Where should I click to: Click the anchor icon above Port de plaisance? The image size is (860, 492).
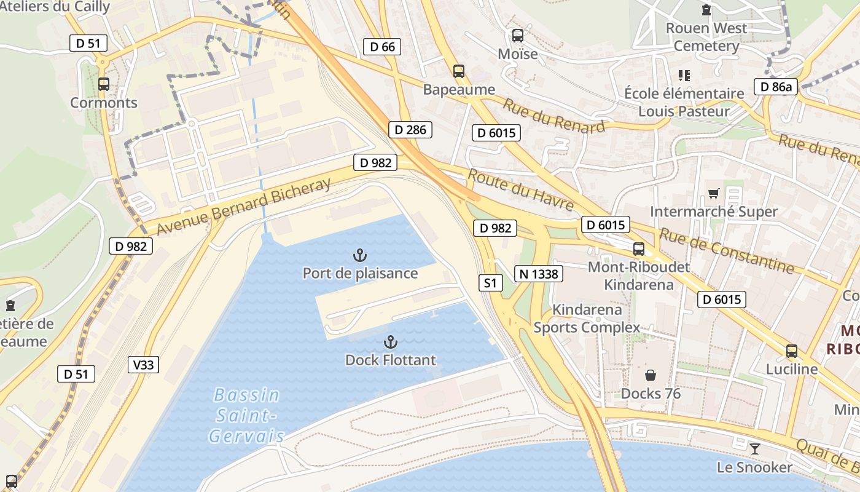coord(360,255)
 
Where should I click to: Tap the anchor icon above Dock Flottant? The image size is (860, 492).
coord(390,341)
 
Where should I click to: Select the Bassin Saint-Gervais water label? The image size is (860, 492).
coord(247,416)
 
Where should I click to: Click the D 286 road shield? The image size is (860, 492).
coord(410,130)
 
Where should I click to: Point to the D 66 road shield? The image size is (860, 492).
coord(382,47)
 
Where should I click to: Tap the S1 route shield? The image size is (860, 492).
coord(490,283)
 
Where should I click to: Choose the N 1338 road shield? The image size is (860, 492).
coord(538,274)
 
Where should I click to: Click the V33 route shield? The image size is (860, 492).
coord(144,365)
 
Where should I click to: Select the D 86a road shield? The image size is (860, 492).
coord(776,87)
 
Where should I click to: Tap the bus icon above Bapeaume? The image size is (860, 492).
coord(459,71)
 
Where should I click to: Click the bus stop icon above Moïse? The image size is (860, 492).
coord(518,36)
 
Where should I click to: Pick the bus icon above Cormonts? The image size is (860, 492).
coord(104,84)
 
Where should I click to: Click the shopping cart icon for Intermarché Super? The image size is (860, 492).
coord(713,194)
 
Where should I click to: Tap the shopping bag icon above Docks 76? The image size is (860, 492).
coord(651,375)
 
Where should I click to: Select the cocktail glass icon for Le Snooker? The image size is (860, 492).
coord(755,449)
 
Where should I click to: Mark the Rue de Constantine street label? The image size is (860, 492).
coord(726,250)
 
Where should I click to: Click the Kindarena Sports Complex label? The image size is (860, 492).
coord(587,319)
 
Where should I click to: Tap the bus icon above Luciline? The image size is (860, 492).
coord(792,351)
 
